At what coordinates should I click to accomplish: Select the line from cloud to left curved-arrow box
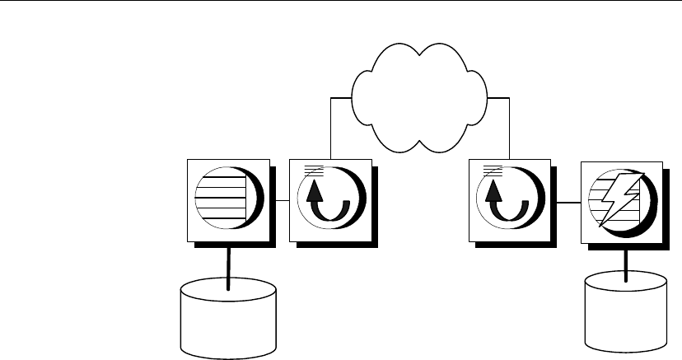point(330,124)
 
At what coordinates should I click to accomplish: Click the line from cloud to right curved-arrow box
point(510,124)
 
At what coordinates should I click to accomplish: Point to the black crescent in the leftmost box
point(256,200)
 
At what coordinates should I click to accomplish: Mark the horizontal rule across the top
point(341,2)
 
